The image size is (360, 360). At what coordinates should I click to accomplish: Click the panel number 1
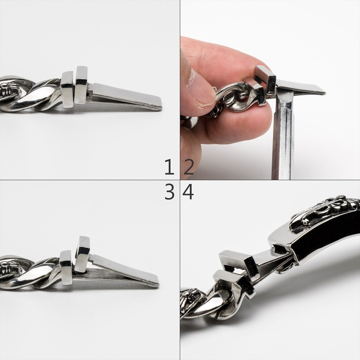(169, 167)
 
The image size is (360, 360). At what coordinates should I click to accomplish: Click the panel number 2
(188, 167)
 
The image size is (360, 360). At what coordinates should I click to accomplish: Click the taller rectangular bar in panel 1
(82, 85)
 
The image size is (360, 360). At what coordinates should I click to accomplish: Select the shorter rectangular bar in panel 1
(67, 90)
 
